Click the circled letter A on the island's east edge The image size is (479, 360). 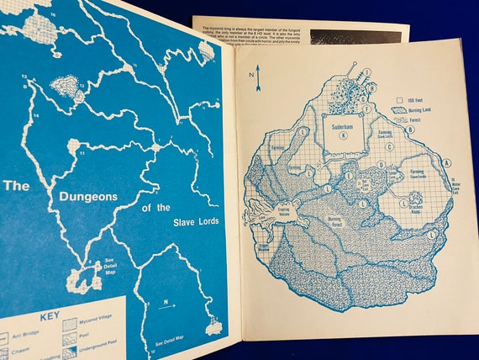tap(446, 162)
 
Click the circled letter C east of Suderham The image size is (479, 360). tap(391, 146)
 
